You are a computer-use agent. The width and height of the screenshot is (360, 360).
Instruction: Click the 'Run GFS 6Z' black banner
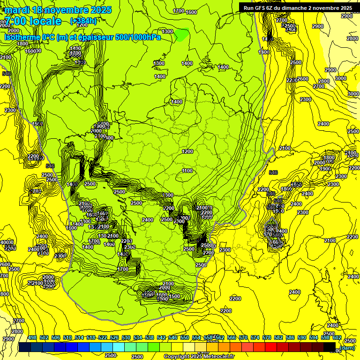tap(296, 7)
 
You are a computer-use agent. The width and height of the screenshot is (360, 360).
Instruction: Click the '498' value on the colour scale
tap(32, 337)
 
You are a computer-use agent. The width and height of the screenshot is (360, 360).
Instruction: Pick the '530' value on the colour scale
tap(126, 337)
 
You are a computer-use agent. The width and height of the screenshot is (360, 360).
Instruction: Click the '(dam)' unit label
tap(347, 348)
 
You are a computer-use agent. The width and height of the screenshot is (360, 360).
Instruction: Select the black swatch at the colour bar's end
tap(330, 347)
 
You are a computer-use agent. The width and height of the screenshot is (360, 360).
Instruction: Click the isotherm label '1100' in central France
tap(187, 171)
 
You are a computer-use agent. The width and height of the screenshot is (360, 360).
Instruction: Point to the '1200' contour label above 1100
tap(187, 151)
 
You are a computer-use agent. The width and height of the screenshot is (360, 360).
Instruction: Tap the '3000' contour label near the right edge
tap(353, 94)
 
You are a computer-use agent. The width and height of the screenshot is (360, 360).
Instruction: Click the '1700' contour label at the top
tap(178, 11)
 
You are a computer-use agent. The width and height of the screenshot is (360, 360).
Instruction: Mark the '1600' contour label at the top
tap(191, 12)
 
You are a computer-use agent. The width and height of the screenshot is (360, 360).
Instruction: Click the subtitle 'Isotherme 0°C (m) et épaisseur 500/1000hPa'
tap(82, 37)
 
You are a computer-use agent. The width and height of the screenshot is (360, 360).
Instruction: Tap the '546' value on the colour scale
tap(173, 337)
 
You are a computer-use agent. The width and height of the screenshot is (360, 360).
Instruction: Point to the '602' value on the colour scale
tap(337, 337)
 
